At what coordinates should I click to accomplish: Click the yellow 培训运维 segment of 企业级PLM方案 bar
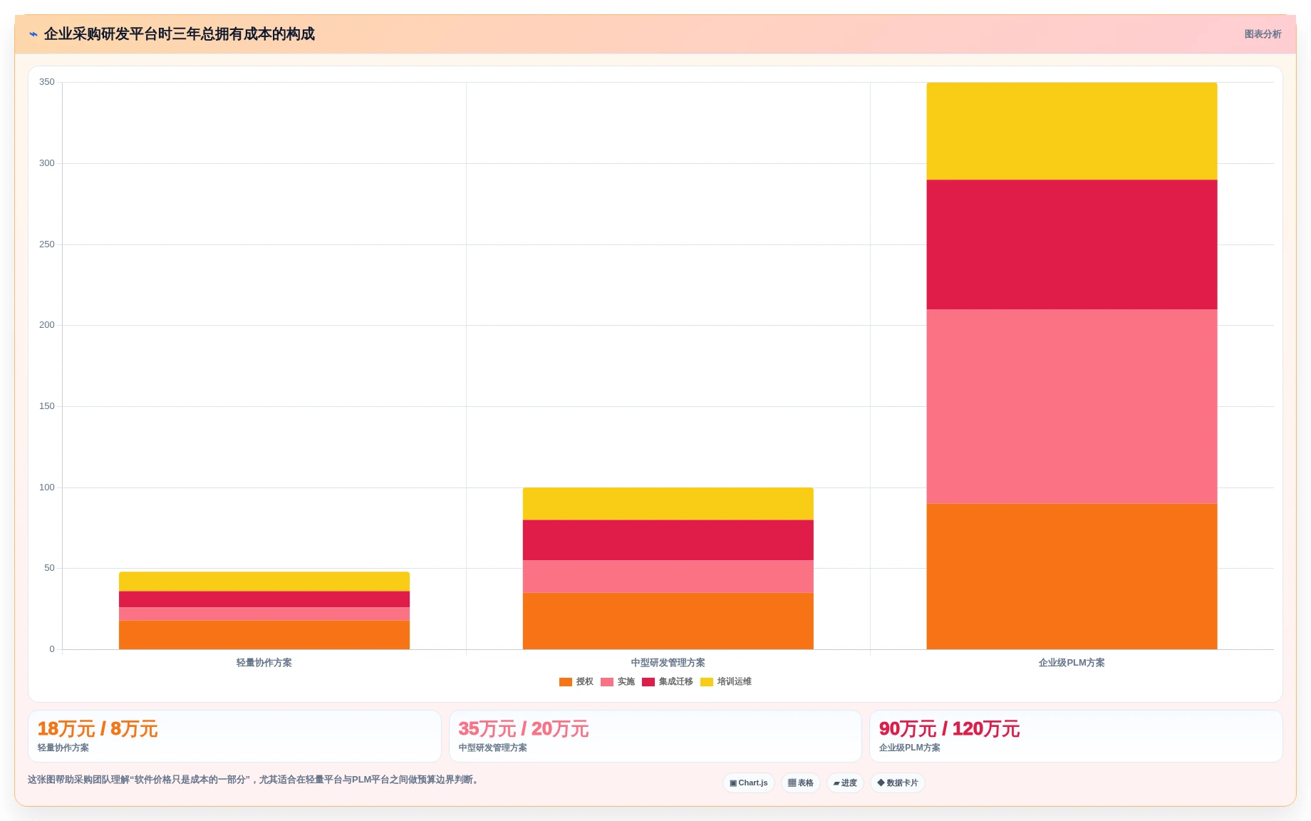coord(1072,131)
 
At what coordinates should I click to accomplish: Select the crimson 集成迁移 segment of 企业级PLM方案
coord(1072,244)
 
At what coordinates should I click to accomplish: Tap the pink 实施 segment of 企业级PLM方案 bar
coord(1072,406)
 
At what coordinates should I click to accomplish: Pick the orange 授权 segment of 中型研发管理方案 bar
coord(668,621)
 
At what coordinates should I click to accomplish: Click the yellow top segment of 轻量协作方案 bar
coord(264,582)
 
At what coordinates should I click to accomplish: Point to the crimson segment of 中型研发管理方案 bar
coord(668,540)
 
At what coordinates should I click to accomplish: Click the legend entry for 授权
coord(576,682)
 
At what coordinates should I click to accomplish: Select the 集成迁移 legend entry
coord(668,682)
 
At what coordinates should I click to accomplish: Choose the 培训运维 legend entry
coord(726,682)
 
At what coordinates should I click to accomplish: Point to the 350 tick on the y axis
coord(47,82)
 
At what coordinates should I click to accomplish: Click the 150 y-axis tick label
coord(47,406)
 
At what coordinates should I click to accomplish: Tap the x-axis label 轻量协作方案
coord(264,663)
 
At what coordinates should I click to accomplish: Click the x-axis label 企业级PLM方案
coord(1072,663)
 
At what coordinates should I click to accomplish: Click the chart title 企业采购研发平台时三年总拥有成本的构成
coord(180,34)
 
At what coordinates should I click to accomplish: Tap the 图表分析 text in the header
coord(1263,34)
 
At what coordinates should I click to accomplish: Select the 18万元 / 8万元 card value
coord(98,729)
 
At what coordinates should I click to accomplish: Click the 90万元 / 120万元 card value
coord(949,729)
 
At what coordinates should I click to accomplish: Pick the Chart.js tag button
coord(749,783)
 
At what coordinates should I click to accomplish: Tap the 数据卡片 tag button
coord(898,783)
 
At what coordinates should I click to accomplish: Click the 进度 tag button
coord(845,783)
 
